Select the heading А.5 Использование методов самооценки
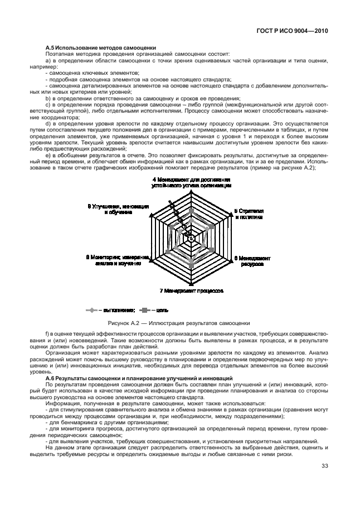coord(100,48)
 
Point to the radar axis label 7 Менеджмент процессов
coord(191,290)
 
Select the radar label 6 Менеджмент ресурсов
coord(252,261)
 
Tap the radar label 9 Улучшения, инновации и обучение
coord(118,209)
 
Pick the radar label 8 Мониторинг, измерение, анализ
coord(118,260)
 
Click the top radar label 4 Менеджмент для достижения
coord(191,183)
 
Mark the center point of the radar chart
coord(191,238)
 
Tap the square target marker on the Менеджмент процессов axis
coord(191,263)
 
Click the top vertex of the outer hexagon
coord(191,192)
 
